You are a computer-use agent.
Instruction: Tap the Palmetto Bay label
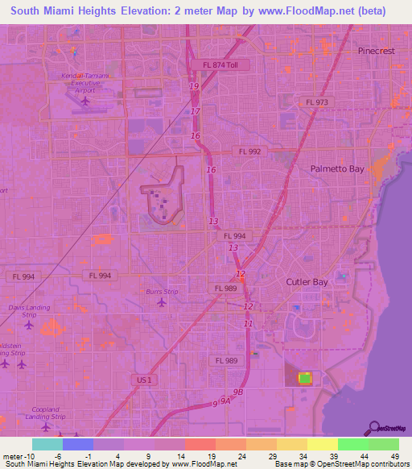(337, 169)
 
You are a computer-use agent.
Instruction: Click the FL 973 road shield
(317, 102)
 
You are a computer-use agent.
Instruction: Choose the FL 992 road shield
(250, 151)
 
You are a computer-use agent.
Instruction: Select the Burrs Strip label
(162, 291)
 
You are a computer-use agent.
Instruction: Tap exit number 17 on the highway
(196, 110)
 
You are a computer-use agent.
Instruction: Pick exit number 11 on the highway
(249, 323)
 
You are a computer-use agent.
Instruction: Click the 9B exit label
(237, 392)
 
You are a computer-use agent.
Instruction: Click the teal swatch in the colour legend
(47, 444)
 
